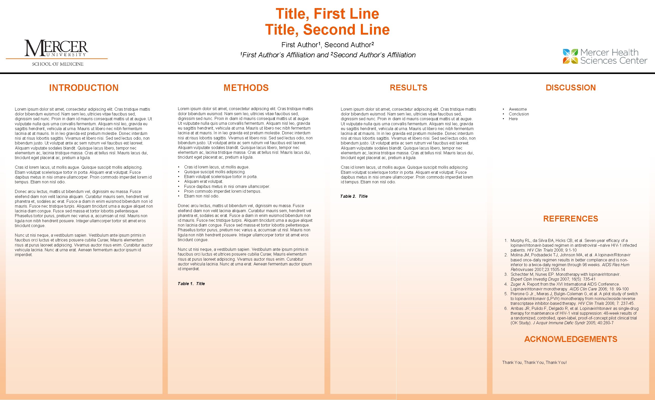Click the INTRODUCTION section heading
tap(84, 88)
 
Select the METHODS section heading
tap(246, 88)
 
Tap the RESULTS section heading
tap(408, 88)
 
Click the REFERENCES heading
tap(570, 219)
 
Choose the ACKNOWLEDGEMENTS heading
tap(570, 339)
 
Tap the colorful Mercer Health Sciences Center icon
tap(570, 56)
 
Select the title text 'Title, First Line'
tap(327, 14)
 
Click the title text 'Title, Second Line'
tap(327, 30)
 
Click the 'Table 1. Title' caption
tap(191, 284)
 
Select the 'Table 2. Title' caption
tap(354, 196)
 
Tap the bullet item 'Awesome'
tap(518, 109)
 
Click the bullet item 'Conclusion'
tap(519, 114)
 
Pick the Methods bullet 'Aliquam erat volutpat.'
tap(204, 181)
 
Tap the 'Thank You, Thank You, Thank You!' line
tap(534, 362)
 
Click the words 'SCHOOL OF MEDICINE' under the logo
tap(58, 64)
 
